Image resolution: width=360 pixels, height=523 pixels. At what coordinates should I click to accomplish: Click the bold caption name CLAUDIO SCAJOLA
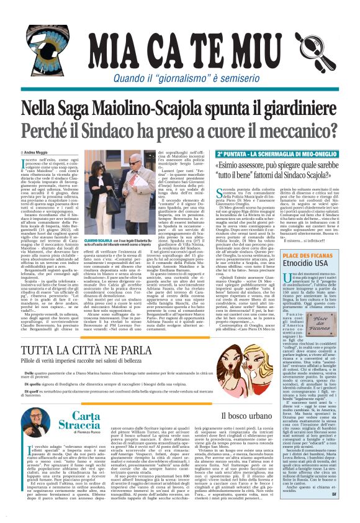click(115, 239)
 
